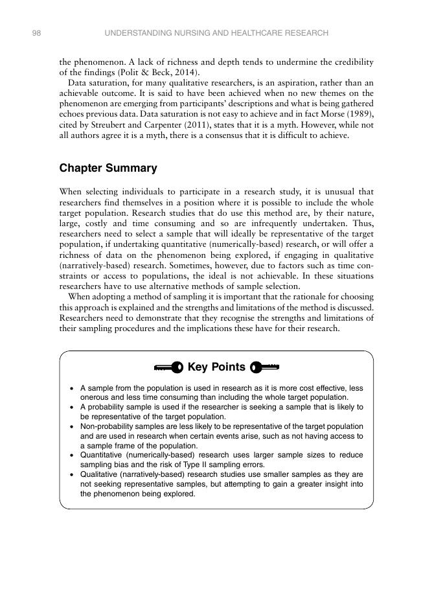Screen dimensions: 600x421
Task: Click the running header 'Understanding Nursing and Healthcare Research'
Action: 216,32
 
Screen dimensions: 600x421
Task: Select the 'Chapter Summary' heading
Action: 108,168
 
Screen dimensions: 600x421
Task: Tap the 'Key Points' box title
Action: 216,367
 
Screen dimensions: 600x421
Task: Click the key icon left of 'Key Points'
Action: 168,368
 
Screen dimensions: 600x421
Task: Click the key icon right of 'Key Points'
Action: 264,368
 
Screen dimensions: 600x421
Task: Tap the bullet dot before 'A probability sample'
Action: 71,408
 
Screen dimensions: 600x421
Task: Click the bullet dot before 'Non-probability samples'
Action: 71,427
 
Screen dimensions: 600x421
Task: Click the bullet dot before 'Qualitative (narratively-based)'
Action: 71,475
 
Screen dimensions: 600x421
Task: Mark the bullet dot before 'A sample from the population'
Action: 71,388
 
